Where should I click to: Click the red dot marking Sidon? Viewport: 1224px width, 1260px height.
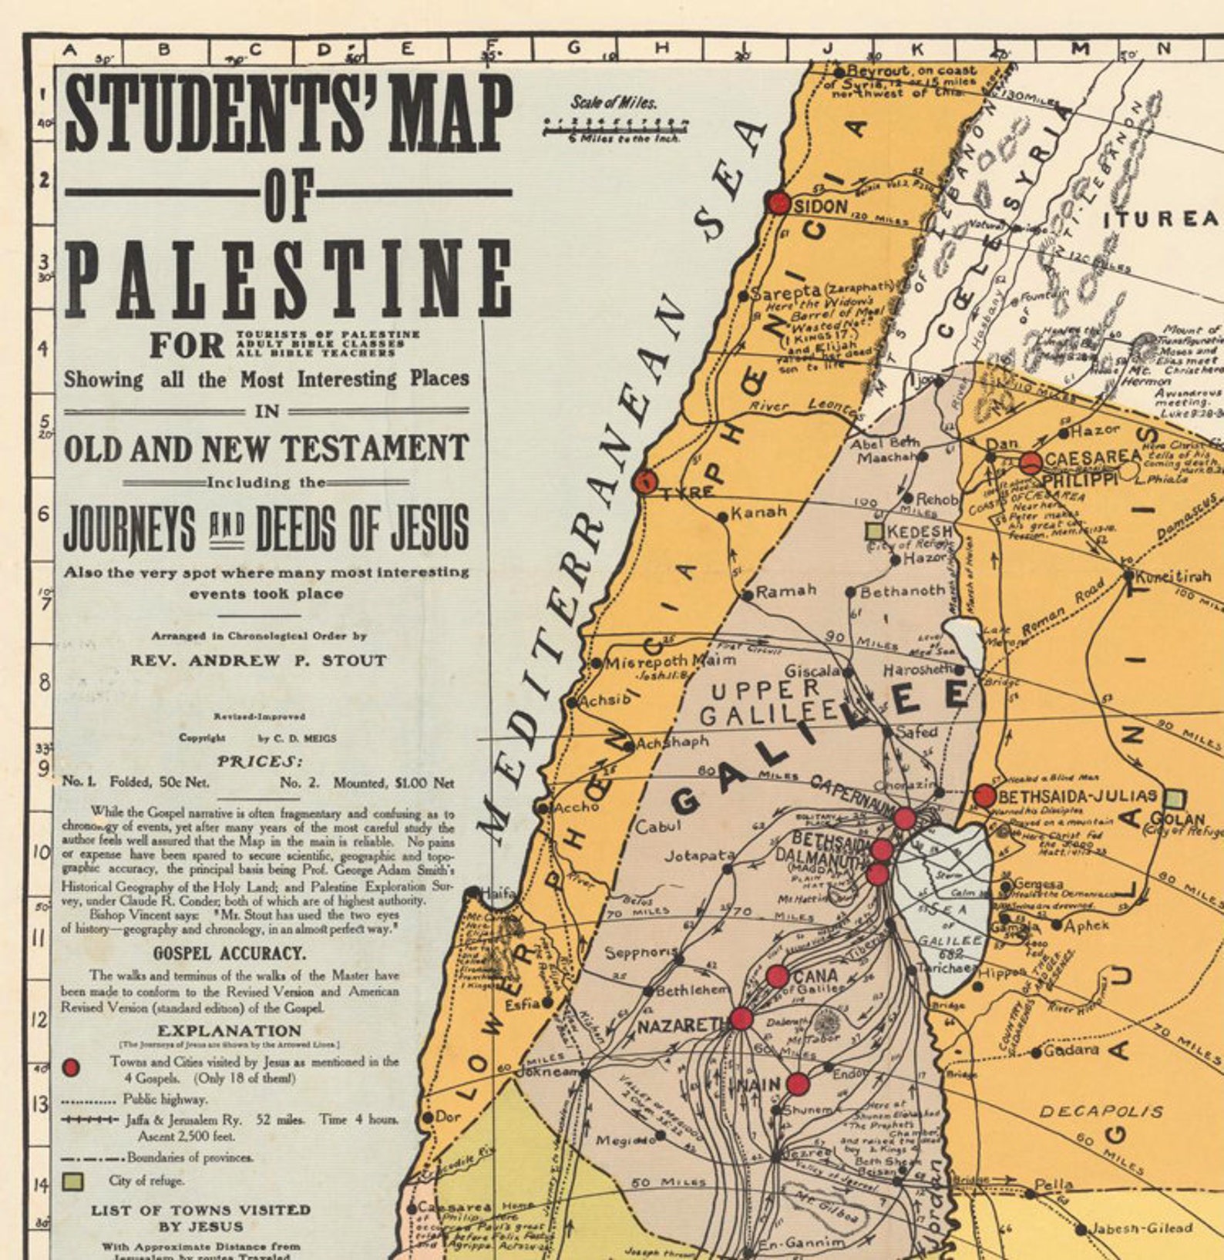click(x=778, y=203)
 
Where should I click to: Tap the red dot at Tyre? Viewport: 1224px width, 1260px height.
click(x=644, y=482)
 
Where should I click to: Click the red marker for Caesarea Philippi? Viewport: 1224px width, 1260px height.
click(x=1031, y=463)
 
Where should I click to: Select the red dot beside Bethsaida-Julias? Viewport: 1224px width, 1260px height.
click(x=984, y=795)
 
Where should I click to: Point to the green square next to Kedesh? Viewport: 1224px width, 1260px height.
click(x=874, y=531)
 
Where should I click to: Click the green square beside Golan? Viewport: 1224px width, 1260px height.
click(x=1174, y=798)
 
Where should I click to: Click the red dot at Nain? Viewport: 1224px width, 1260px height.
click(x=798, y=1084)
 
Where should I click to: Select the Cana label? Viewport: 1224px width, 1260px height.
click(x=815, y=976)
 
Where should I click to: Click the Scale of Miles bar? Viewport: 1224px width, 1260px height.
click(x=615, y=126)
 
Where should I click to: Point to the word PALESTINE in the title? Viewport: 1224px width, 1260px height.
click(x=289, y=279)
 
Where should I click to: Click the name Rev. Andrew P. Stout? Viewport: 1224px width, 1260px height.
click(x=258, y=660)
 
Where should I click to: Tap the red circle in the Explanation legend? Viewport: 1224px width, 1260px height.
click(x=71, y=1067)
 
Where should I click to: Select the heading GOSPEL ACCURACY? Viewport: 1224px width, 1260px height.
click(x=230, y=953)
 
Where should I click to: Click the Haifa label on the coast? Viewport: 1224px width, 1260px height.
click(x=498, y=893)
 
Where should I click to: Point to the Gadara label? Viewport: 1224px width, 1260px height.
click(x=1071, y=1050)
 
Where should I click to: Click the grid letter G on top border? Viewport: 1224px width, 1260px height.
click(x=573, y=48)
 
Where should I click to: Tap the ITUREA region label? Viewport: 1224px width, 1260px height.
click(x=1162, y=220)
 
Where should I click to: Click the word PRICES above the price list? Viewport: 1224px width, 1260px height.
click(x=260, y=761)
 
